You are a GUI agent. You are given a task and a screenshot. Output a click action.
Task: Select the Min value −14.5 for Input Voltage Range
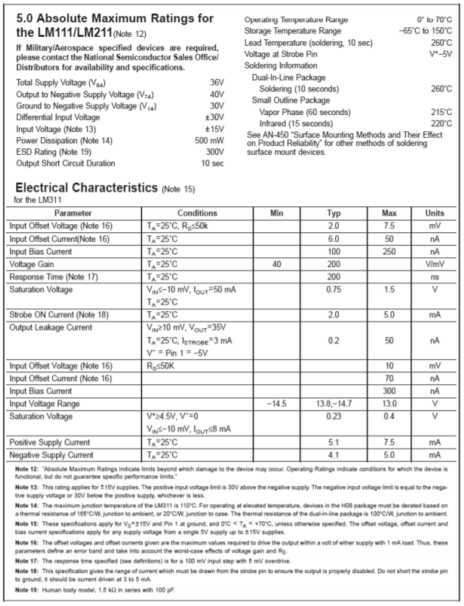pos(277,403)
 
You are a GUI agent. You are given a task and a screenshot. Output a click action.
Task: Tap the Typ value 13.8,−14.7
pos(334,403)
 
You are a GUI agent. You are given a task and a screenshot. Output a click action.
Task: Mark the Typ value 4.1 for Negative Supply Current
pos(334,454)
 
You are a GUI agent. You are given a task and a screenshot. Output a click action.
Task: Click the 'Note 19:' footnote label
pos(23,589)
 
